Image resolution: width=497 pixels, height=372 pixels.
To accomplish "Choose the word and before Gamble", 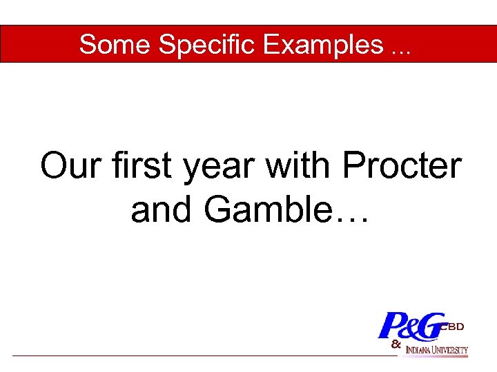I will (x=162, y=209).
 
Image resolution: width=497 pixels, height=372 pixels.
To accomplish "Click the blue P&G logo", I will (x=411, y=326).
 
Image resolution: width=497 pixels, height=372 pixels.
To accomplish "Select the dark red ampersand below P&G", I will (x=396, y=343).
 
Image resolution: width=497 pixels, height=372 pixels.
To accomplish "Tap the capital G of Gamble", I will (x=219, y=209).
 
